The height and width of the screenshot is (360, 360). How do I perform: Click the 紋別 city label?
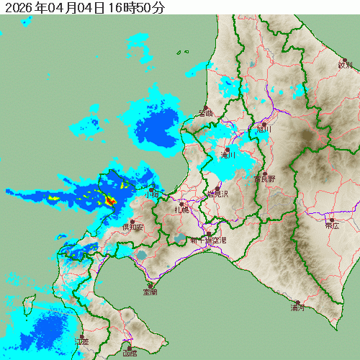pos(346,66)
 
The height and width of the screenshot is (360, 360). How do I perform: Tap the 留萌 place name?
pos(206,113)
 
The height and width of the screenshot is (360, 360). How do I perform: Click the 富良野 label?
pos(265,180)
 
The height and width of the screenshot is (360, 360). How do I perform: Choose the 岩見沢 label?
pos(217,194)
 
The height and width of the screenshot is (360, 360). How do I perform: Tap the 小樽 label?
pos(151,194)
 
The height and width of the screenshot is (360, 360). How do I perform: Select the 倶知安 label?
pos(132,228)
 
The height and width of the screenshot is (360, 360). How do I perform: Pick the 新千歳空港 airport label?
pos(208,240)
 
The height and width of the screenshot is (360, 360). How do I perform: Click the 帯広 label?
pos(332,225)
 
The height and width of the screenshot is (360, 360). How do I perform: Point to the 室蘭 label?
pos(150,292)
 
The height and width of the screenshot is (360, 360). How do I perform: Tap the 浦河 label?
pos(297,308)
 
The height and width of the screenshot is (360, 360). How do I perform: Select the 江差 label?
pos(81,341)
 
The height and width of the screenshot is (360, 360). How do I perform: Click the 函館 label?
pos(130,354)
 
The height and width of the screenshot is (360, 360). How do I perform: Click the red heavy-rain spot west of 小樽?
pos(110,201)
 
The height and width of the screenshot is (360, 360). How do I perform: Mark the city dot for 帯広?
pos(332,219)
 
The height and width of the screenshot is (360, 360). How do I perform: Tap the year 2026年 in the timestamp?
pos(22,9)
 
